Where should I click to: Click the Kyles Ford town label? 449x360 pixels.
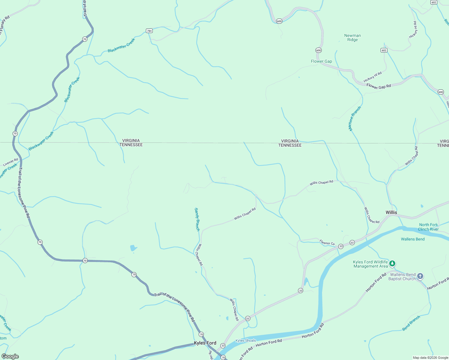(205, 343)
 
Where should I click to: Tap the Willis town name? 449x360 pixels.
(391, 212)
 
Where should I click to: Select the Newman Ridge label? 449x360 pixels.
(352, 37)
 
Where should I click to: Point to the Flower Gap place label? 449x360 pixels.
(321, 61)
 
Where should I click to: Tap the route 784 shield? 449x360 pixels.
(149, 31)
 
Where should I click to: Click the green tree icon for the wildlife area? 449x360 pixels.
(392, 264)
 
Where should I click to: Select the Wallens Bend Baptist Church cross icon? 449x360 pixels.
(420, 276)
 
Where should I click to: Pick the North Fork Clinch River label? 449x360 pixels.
(429, 227)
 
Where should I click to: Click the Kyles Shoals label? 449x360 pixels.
(246, 340)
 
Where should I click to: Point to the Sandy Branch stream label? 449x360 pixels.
(197, 219)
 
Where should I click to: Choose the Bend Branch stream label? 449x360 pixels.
(411, 323)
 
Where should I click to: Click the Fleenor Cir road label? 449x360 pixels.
(327, 242)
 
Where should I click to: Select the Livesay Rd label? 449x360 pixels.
(11, 162)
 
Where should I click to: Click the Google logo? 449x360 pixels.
(10, 356)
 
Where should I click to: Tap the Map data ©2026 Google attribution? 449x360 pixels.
(430, 358)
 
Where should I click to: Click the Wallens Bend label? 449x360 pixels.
(413, 239)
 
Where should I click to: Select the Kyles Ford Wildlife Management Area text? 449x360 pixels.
(370, 264)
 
